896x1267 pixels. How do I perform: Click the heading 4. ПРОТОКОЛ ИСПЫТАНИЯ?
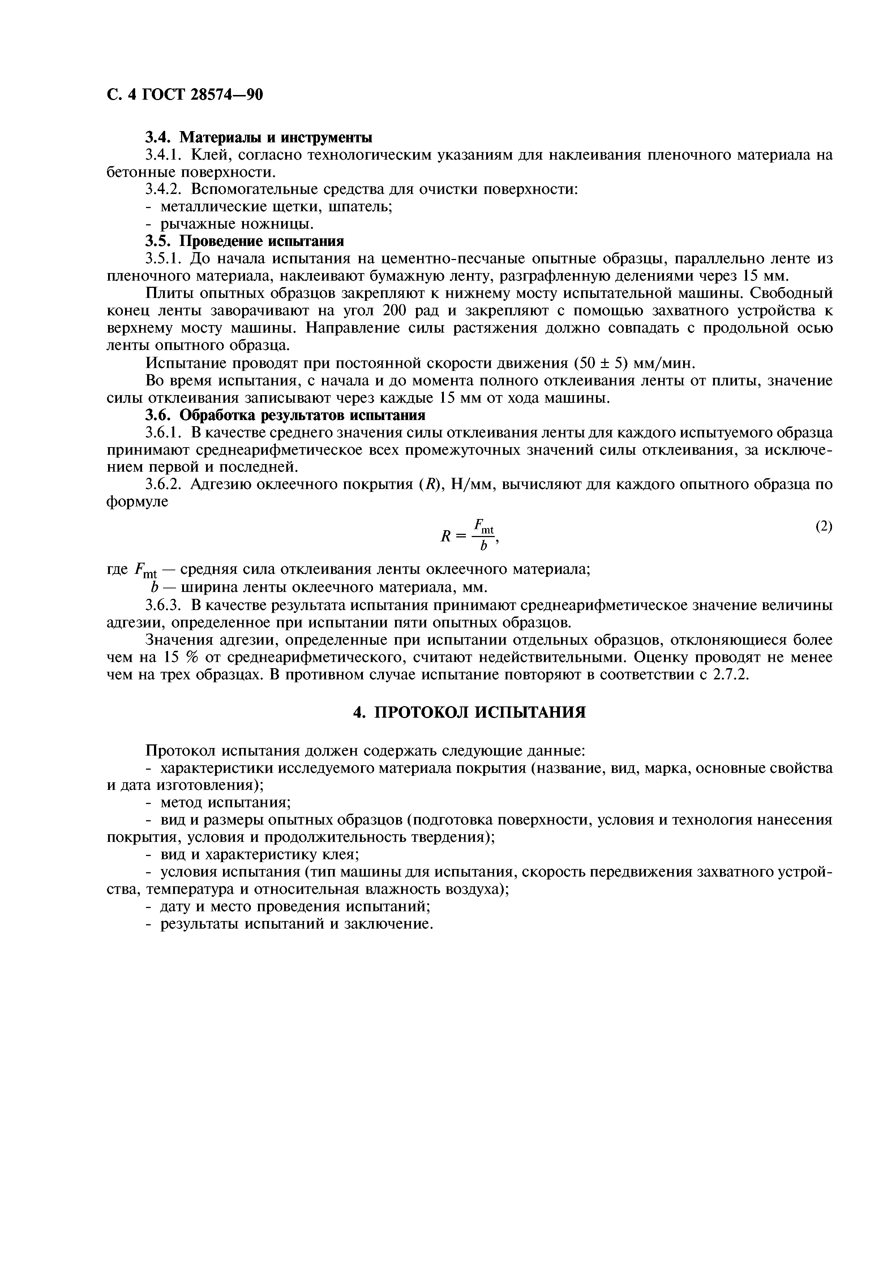469,712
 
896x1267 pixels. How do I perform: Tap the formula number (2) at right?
823,527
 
